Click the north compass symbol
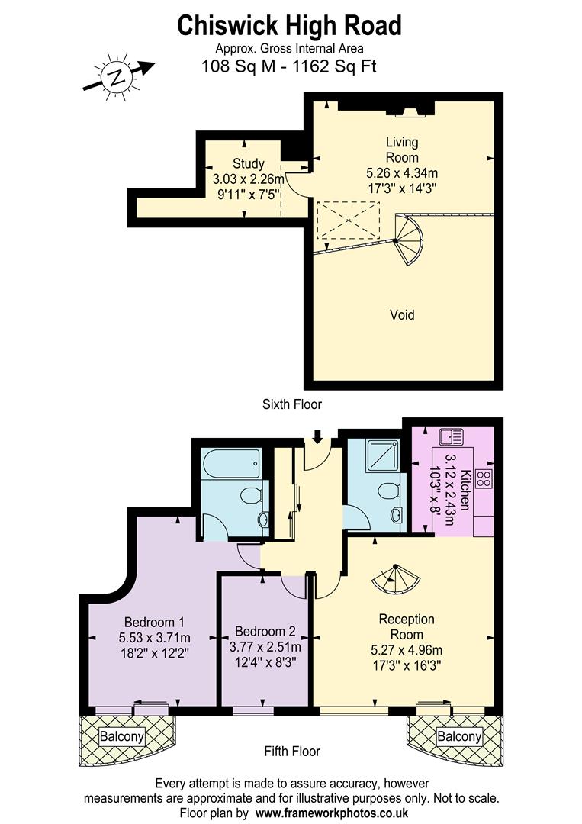(x=116, y=76)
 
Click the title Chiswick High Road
(x=289, y=26)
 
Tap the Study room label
(x=249, y=163)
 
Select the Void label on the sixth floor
(x=402, y=314)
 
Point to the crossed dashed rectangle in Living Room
(x=348, y=220)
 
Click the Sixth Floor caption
(x=291, y=405)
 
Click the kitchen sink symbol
(x=452, y=438)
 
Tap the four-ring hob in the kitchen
(x=484, y=478)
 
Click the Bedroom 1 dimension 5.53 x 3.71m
(x=154, y=638)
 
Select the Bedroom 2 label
(x=265, y=632)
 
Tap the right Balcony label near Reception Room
(x=459, y=736)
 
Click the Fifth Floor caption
(x=292, y=751)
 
